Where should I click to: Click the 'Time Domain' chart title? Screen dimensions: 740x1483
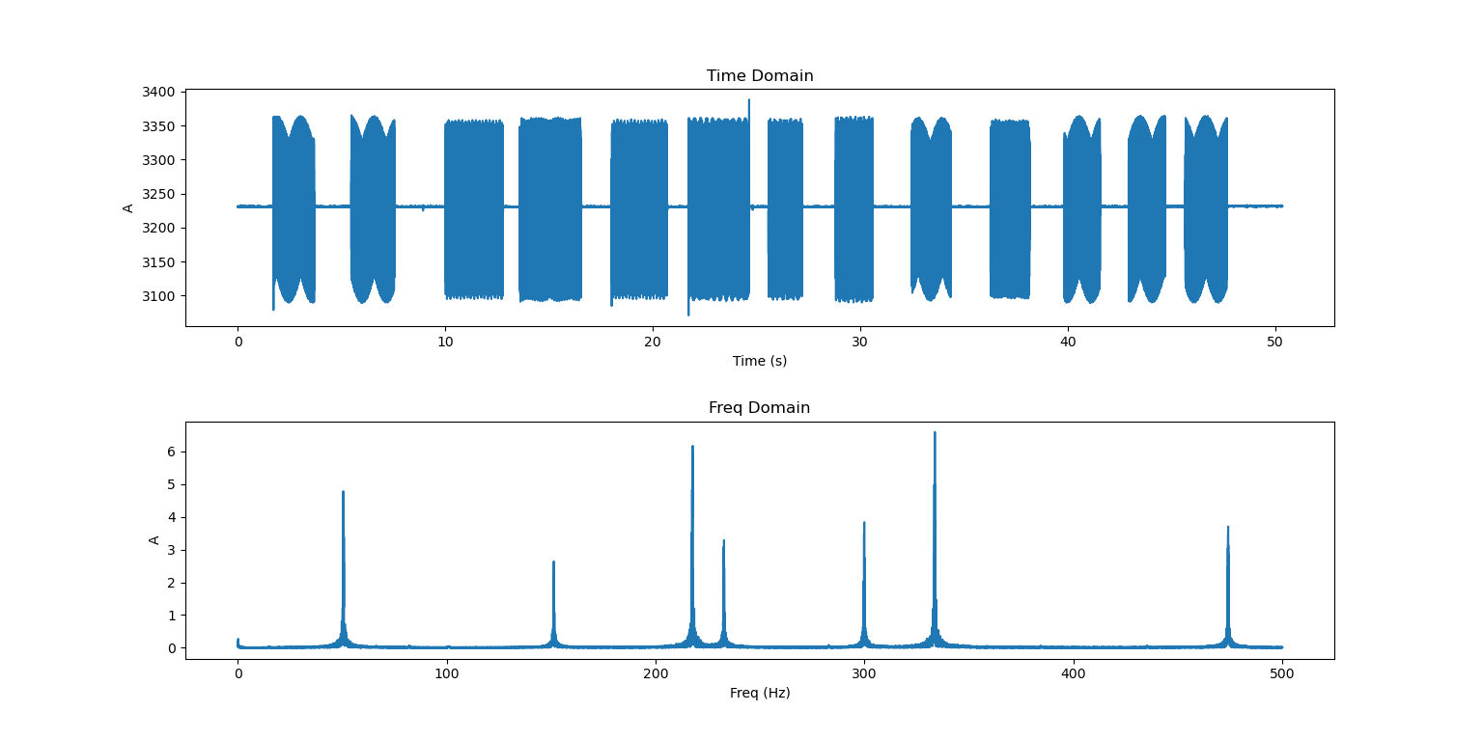pos(760,76)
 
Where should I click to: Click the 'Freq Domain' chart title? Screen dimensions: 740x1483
pos(759,408)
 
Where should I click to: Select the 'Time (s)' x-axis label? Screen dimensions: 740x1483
pos(760,361)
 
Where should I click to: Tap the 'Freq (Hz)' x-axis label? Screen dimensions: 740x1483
pos(760,693)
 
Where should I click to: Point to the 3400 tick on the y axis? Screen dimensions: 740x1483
pos(159,93)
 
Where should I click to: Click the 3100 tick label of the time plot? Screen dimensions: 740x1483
pos(159,296)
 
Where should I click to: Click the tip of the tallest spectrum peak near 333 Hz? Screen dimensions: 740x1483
pos(935,432)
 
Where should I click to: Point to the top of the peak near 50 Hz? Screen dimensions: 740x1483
pos(343,492)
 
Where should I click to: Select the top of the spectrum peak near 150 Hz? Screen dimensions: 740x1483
pos(553,562)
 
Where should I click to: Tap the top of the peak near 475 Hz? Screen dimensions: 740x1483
pos(1228,527)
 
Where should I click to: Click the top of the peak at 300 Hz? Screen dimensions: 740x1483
pos(864,523)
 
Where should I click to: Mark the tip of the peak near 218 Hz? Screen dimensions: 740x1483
pos(692,446)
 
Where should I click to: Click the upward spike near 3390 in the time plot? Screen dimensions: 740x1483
pos(748,99)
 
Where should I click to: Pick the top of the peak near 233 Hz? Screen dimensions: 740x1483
pos(724,540)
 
